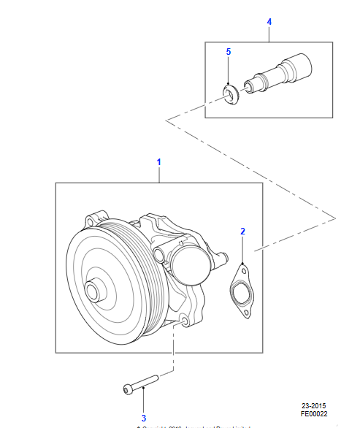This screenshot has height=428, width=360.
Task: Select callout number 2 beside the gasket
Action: pyautogui.click(x=243, y=232)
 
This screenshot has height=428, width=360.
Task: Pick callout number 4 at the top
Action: pyautogui.click(x=269, y=22)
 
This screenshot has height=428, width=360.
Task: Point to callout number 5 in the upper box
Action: pyautogui.click(x=228, y=52)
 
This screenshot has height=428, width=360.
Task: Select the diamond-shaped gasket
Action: pyautogui.click(x=240, y=292)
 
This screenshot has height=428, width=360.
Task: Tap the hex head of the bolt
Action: pyautogui.click(x=130, y=391)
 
